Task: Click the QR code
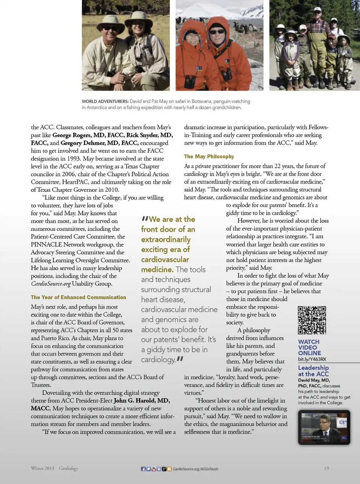pyautogui.click(x=312, y=320)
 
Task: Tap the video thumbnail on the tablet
pyautogui.click(x=324, y=427)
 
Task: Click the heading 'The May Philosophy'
pyautogui.click(x=209, y=156)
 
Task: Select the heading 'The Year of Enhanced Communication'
pyautogui.click(x=78, y=297)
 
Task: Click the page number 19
pyautogui.click(x=326, y=468)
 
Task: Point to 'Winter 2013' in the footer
pyautogui.click(x=42, y=468)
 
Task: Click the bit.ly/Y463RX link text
pyautogui.click(x=312, y=359)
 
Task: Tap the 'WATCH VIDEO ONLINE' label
pyautogui.click(x=309, y=347)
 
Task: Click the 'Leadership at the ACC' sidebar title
pyautogui.click(x=313, y=371)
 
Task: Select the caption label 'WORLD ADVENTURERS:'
pyautogui.click(x=105, y=101)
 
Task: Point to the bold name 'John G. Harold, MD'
pyautogui.click(x=142, y=400)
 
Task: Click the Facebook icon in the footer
pyautogui.click(x=143, y=469)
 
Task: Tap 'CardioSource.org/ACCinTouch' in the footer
pyautogui.click(x=195, y=469)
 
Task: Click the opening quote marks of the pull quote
pyautogui.click(x=144, y=219)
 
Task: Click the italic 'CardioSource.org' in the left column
pyautogui.click(x=51, y=284)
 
